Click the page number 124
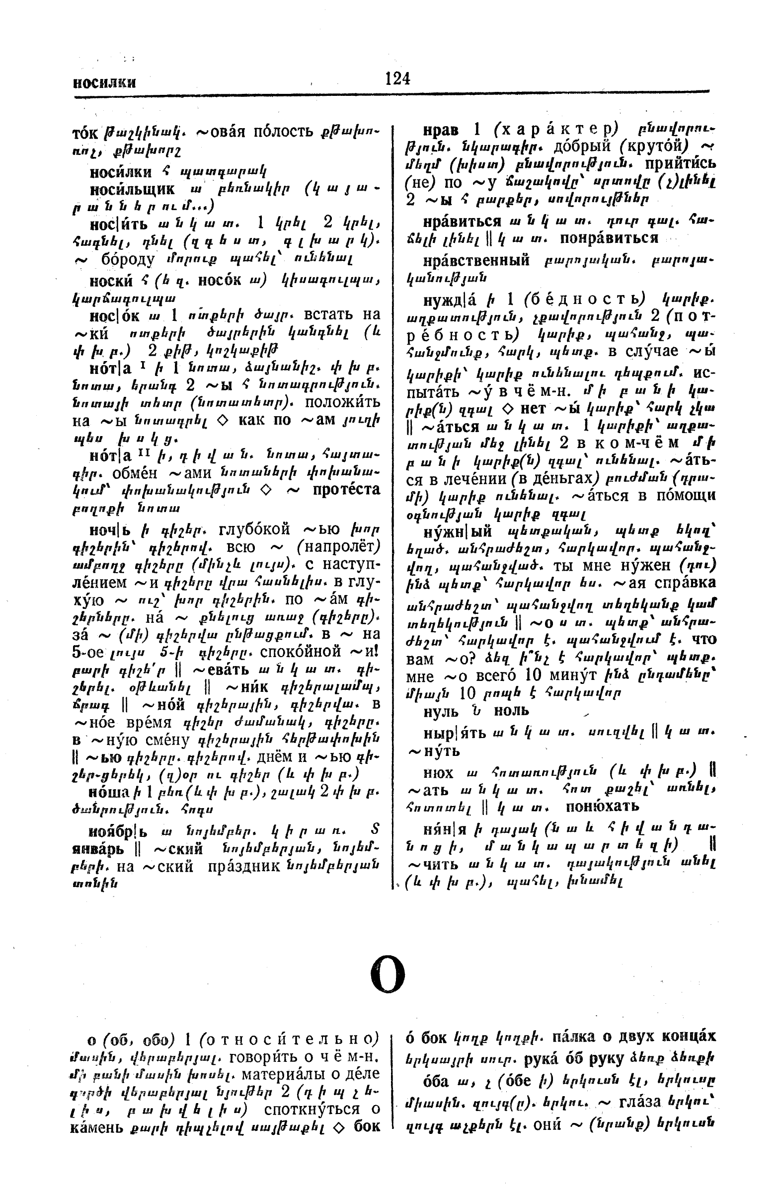(x=397, y=78)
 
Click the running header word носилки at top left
(x=104, y=82)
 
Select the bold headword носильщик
(x=132, y=189)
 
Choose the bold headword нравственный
(x=476, y=260)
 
